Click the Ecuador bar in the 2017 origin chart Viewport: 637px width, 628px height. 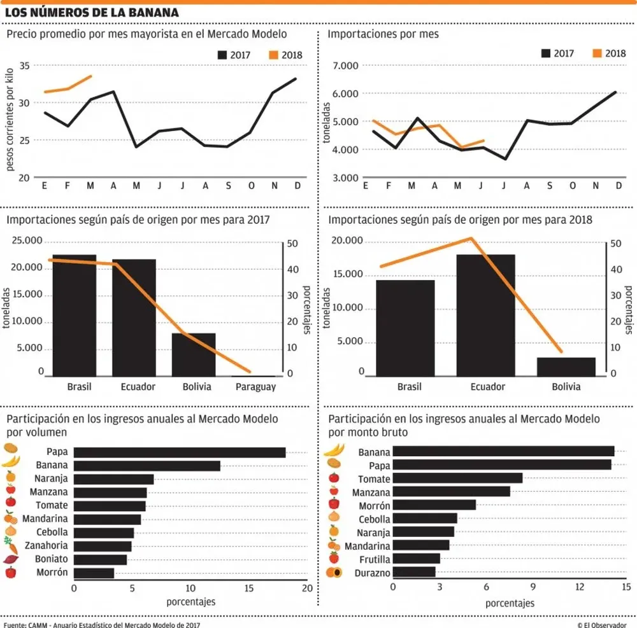(134, 318)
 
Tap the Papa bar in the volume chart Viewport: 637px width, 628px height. (180, 452)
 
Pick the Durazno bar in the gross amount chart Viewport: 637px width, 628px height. (414, 572)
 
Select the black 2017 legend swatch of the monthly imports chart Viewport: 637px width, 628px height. (547, 53)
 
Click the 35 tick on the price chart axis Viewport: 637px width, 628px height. (25, 66)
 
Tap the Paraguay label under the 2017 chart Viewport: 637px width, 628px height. (254, 387)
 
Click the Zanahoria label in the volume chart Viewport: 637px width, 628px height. (46, 545)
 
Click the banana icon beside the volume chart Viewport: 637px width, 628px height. (11, 462)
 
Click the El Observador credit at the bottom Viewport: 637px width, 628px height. (602, 624)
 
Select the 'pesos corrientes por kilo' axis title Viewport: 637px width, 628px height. (10, 121)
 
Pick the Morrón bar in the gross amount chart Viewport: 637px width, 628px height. (434, 505)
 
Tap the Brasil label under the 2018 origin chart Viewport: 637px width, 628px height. (409, 387)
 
